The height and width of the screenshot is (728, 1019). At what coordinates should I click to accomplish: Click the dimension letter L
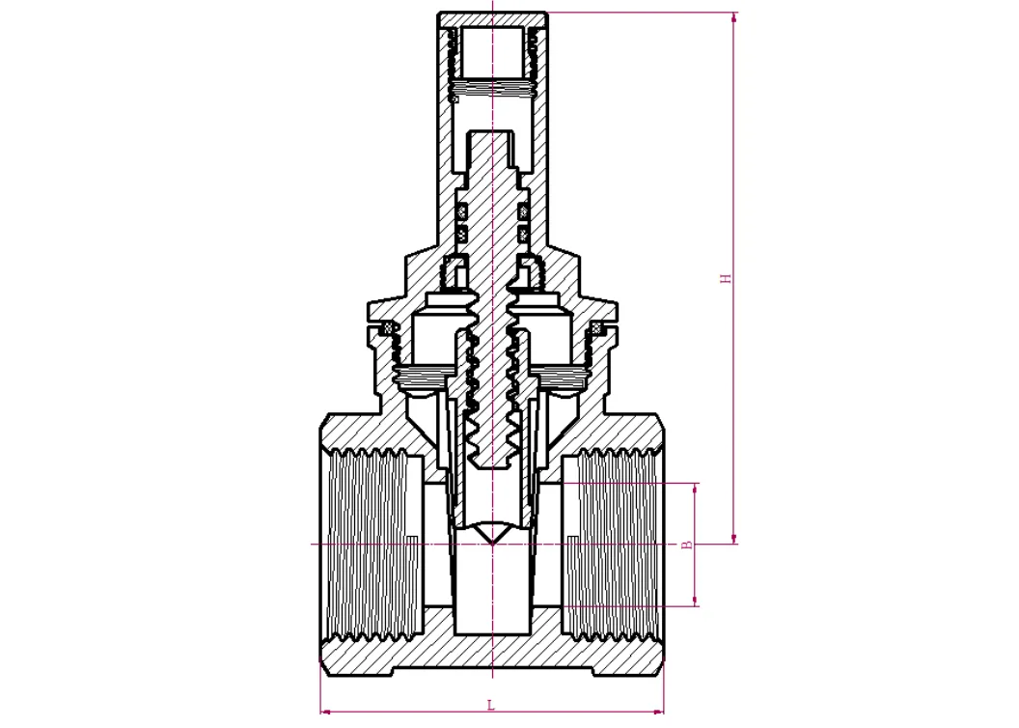coord(491,705)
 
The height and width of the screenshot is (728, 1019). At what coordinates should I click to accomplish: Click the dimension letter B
coord(687,545)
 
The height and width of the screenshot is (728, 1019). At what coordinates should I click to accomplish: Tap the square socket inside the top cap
coord(492,53)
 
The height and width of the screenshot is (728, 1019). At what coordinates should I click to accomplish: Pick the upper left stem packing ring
coord(461,210)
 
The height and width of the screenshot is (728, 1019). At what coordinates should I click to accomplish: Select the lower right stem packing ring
coord(523,234)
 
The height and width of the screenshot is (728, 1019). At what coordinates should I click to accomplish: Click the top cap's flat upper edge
coord(492,14)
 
